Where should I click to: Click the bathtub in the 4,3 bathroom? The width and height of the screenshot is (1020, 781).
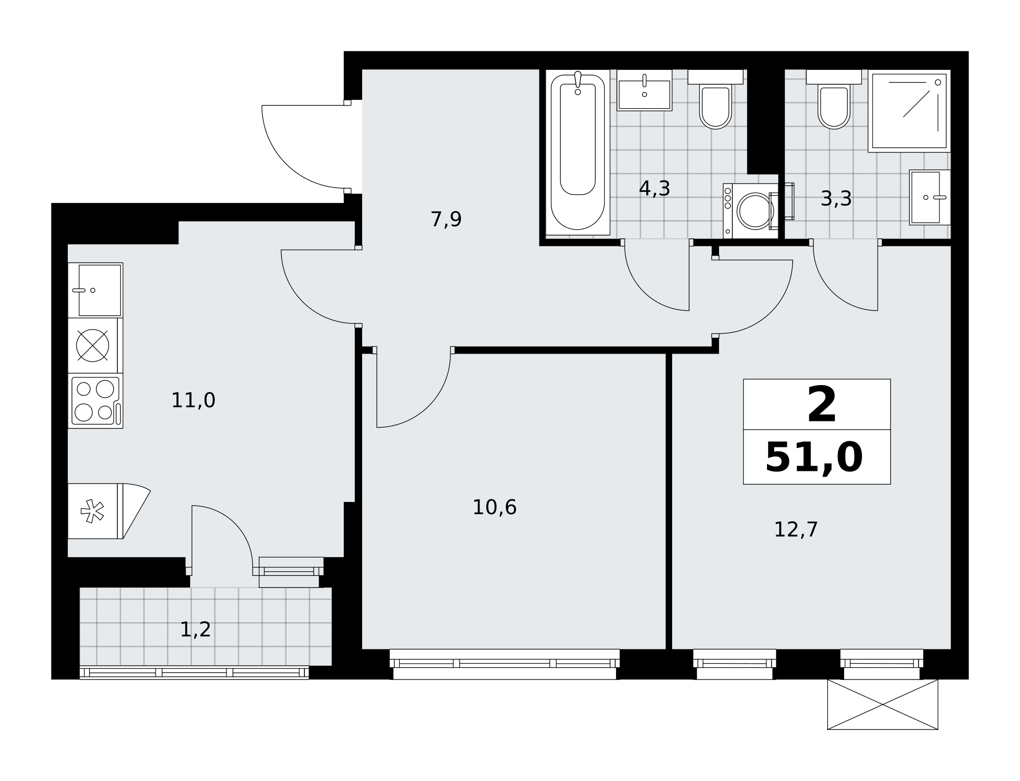tap(578, 152)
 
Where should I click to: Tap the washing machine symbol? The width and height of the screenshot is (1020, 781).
tap(751, 211)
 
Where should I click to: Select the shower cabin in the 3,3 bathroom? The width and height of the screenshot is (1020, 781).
tap(909, 111)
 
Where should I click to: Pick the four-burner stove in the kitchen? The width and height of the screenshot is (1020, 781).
tap(95, 400)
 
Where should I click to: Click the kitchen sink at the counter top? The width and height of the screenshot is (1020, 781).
tap(95, 290)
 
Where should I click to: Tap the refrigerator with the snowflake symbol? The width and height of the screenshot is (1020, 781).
tap(95, 511)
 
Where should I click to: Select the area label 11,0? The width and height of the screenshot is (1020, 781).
tap(193, 400)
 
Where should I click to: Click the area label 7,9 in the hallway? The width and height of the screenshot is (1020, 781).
tap(446, 219)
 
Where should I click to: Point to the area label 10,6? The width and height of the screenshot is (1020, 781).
tap(495, 508)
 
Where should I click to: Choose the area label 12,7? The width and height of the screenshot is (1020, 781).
tap(796, 530)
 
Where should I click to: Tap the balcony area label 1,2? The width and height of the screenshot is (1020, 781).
tap(195, 629)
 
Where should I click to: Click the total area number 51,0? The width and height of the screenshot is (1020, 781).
tap(814, 458)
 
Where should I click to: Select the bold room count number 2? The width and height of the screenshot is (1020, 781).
tap(822, 405)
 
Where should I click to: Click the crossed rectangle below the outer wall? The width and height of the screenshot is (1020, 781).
tap(882, 704)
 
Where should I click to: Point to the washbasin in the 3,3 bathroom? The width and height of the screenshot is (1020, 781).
tap(930, 197)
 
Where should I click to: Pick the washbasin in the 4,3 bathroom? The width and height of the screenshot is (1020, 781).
tap(645, 90)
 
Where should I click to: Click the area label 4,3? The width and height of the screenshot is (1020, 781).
tap(654, 189)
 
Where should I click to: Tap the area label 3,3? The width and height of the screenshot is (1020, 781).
tap(836, 199)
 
